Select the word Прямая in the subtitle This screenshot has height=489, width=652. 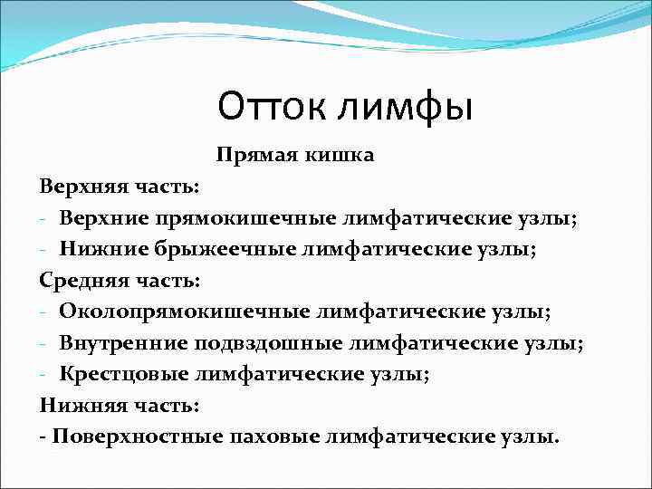[x=248, y=157]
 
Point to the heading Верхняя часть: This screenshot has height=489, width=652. [x=109, y=187]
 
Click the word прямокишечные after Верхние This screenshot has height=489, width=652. [x=242, y=218]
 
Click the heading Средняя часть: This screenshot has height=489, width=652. [x=109, y=280]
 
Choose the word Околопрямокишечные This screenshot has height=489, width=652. [x=186, y=312]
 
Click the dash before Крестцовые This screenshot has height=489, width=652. [x=43, y=374]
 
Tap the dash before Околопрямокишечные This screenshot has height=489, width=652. [x=43, y=312]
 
